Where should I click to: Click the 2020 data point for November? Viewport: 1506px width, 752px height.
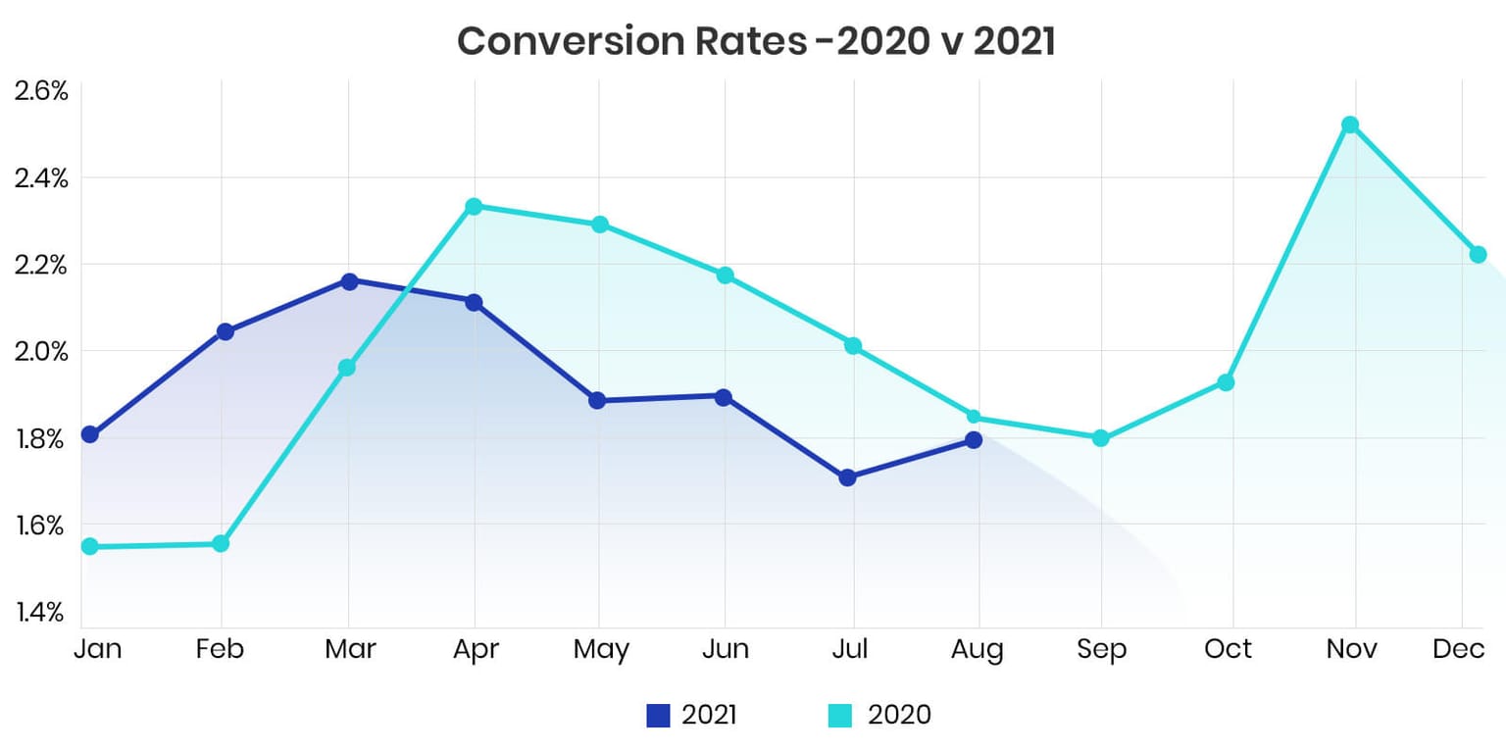[x=1350, y=125]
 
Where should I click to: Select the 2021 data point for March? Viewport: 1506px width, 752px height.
[x=349, y=281]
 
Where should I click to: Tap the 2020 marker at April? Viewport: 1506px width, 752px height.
[x=475, y=206]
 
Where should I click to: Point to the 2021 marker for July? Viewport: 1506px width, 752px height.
[x=848, y=477]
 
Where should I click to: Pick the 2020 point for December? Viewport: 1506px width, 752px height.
[x=1478, y=254]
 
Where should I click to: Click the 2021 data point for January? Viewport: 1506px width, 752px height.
[x=89, y=434]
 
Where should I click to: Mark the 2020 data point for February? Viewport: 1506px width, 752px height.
[x=221, y=543]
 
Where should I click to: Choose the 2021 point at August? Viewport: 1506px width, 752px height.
[x=973, y=439]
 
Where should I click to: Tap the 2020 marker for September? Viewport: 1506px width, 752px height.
[x=1100, y=437]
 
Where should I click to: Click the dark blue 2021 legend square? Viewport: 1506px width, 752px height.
[x=658, y=716]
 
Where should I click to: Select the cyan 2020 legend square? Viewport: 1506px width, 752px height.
[x=840, y=716]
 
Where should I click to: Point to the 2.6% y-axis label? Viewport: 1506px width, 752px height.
[x=40, y=92]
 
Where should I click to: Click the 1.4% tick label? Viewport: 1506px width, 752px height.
[x=40, y=613]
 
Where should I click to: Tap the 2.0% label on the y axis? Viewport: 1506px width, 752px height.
[x=40, y=351]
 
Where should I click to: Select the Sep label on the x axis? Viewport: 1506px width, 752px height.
[x=1102, y=649]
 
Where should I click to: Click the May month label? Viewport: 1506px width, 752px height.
[x=601, y=650]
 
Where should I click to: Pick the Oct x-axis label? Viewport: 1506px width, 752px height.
[x=1229, y=649]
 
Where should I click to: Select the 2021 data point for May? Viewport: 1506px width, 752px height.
[x=597, y=400]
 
